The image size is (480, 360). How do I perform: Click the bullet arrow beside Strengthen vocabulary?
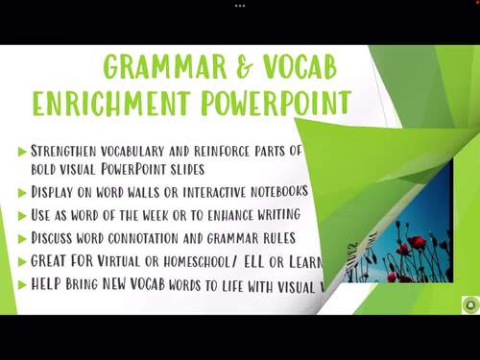coord(22,151)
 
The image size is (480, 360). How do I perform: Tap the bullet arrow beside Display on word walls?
coord(22,191)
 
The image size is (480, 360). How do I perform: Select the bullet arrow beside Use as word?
coord(22,215)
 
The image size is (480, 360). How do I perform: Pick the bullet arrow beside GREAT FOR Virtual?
coord(22,261)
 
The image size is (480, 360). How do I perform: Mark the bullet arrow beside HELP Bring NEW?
coord(22,284)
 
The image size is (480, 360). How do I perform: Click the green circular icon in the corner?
coord(468,304)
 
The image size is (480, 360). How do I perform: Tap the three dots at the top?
coord(240,5)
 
